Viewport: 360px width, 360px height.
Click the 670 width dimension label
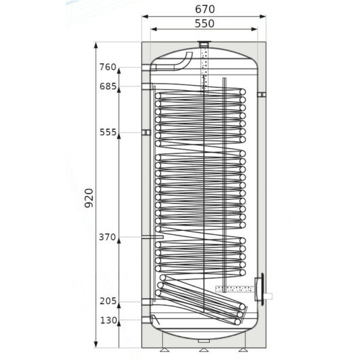[205, 10]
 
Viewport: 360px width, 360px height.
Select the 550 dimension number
[204, 23]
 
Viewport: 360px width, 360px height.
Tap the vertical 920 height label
[89, 198]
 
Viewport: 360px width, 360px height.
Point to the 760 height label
[108, 67]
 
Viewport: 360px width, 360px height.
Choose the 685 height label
[108, 86]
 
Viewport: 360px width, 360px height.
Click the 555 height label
[108, 132]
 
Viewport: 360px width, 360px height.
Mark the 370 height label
[107, 237]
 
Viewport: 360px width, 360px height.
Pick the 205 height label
[108, 301]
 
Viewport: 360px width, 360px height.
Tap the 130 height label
[109, 320]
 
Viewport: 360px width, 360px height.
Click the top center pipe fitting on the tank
[204, 44]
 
